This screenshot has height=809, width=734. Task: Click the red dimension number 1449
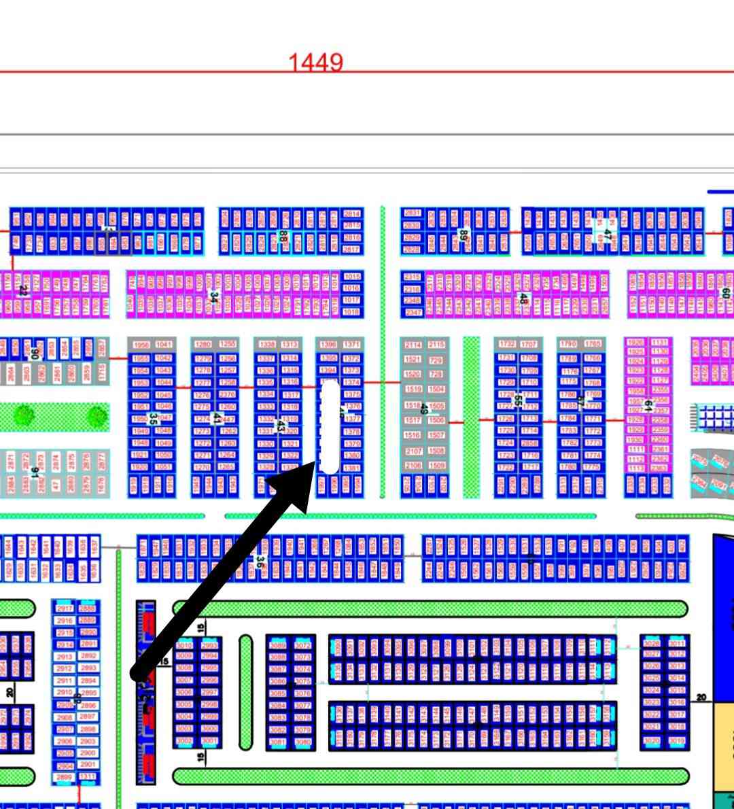tap(315, 63)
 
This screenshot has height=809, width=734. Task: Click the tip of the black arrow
tap(315, 463)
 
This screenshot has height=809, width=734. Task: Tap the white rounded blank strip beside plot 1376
tap(330, 426)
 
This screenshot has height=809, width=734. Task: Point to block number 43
tap(280, 426)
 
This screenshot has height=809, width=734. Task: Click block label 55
tap(518, 400)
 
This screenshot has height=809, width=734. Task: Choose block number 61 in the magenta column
tap(648, 406)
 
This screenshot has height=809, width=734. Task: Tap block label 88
tap(283, 237)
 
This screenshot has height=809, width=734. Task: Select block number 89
tap(463, 235)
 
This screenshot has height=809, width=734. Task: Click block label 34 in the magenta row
tap(213, 297)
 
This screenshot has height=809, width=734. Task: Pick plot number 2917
tap(65, 608)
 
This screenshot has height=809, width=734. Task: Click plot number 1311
tap(88, 776)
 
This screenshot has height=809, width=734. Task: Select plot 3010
tap(184, 644)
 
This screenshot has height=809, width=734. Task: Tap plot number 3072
tap(303, 644)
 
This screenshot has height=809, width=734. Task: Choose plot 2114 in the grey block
tap(413, 345)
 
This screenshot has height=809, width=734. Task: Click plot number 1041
tap(164, 345)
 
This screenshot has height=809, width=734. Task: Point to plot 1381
tap(351, 468)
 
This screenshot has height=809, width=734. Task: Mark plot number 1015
tap(351, 277)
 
